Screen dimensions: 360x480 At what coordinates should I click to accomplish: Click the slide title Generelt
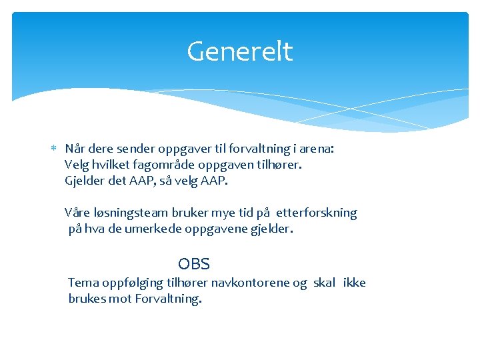(x=239, y=51)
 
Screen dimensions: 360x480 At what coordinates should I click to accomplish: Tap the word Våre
(x=77, y=213)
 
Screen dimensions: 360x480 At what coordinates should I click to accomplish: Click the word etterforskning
(x=317, y=213)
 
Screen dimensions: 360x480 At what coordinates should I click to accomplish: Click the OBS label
(x=194, y=264)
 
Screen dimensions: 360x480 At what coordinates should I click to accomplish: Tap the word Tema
(x=83, y=283)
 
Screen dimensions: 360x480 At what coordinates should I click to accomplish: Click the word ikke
(x=354, y=283)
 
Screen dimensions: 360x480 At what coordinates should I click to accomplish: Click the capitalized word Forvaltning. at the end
(x=168, y=299)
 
